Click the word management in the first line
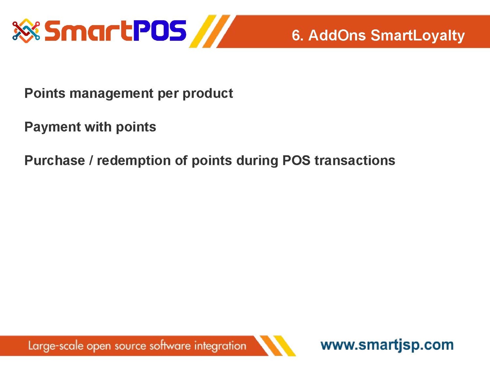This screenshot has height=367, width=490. pos(111,94)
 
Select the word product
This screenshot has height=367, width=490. pos(208,94)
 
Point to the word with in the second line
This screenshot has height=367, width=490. pos(98,127)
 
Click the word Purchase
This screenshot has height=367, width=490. pos(55,161)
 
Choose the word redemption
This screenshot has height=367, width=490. pos(134,161)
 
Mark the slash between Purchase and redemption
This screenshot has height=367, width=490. pos(91,161)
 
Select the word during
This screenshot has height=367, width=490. pos(257,161)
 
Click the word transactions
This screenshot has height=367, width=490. pos(355,161)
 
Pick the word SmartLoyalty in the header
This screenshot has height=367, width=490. pos(417,36)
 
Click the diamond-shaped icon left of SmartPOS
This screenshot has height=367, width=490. pos(26,31)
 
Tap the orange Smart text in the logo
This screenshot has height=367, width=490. pos(89,31)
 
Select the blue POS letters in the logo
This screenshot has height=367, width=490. pos(160,31)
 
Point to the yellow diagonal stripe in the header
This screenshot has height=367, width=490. pos(203,31)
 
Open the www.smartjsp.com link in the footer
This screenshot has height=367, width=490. pos(387,345)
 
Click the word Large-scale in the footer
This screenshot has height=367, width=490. pos(56,346)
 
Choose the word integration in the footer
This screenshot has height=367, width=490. pos(220,346)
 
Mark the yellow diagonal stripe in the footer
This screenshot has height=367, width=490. pos(285,346)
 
